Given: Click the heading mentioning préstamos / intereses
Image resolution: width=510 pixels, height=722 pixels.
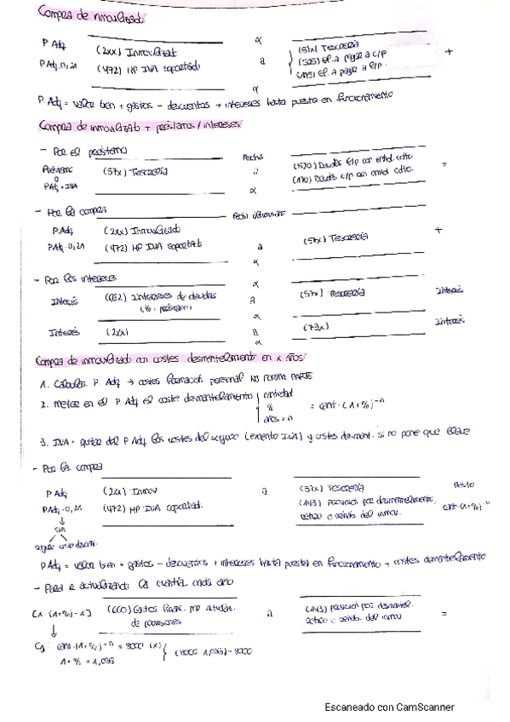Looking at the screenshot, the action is coord(141,126).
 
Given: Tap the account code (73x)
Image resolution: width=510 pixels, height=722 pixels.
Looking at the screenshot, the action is coord(315,326).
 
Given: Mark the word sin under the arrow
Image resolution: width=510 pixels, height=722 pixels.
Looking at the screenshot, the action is coord(59,530).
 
